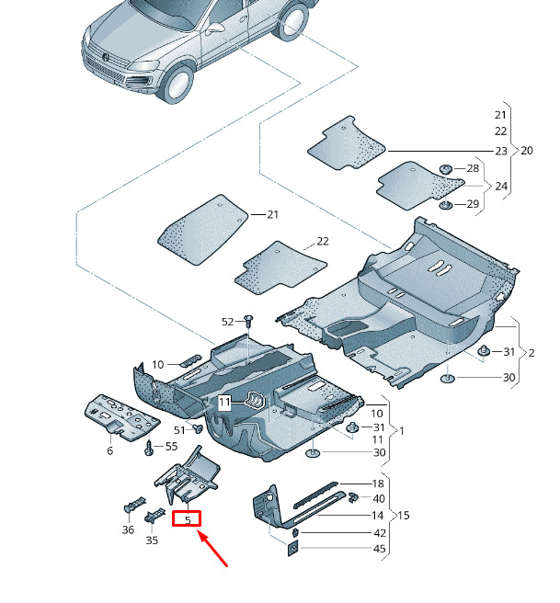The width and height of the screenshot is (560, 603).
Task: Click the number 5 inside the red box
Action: coord(188,519)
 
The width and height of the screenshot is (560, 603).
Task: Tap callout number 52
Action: coord(228,322)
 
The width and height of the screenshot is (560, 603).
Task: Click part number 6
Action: coord(109,450)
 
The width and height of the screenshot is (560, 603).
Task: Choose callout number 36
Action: coord(128,529)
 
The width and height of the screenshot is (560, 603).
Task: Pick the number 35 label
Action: coord(152,540)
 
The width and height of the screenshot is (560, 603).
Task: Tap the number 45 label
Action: coord(379,550)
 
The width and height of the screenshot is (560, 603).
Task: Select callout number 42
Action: coord(379,533)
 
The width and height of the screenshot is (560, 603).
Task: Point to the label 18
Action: coord(378,484)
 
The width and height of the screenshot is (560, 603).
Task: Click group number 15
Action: coord(403,516)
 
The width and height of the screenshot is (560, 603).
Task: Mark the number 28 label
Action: coord(473,168)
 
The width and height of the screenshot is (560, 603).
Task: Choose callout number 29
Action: coord(473,203)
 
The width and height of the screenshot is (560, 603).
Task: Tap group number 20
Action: coord(527,150)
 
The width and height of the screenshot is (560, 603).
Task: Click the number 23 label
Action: coord(500,151)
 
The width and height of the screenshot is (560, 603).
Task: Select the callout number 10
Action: coord(158,365)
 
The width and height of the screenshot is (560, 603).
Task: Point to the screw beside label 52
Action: coord(248,321)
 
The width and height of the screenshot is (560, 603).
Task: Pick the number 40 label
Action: coord(379,498)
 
